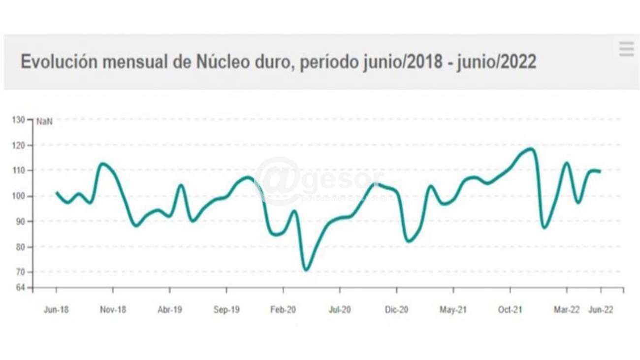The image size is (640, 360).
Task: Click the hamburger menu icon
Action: pos(626,49)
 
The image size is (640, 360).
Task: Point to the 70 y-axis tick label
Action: pos(21,272)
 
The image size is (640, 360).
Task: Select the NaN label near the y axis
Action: pos(44,122)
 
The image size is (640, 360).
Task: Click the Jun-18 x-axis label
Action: pos(56,310)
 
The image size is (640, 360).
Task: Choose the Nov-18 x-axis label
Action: pos(113,310)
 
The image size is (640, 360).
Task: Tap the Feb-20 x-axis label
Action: pos(283,310)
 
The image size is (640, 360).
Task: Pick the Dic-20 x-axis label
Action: pos(397,310)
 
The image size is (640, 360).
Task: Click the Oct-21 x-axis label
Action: pos(510,310)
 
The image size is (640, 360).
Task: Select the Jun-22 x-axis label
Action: pos(601,310)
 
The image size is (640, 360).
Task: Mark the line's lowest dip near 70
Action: pos(306,269)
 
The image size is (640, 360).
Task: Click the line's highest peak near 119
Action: pos(530,148)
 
